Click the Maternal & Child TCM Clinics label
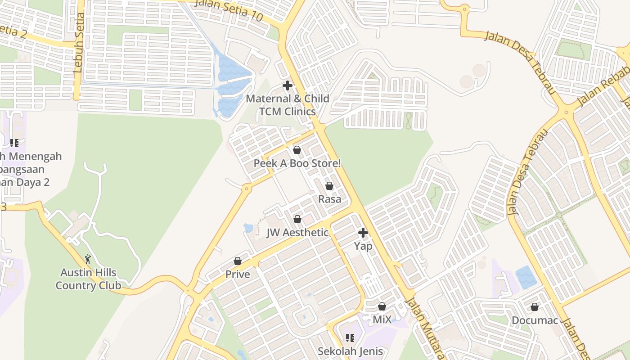(288, 105)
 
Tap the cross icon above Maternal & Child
(288, 85)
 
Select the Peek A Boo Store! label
(297, 163)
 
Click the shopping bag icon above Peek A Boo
(297, 150)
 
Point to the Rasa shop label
(329, 199)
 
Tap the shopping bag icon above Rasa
(329, 186)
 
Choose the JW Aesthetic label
(297, 233)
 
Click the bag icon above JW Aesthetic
(297, 219)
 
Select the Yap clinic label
(363, 246)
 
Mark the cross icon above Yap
(363, 233)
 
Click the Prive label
(238, 274)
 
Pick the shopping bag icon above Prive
(238, 261)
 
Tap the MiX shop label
(382, 320)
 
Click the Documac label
(535, 320)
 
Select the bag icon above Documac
(535, 307)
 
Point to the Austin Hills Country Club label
(88, 279)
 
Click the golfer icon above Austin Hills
(88, 259)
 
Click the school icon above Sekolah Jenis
(350, 338)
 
